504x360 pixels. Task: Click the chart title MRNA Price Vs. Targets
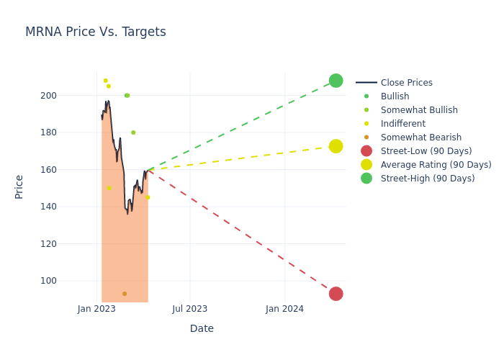(95, 32)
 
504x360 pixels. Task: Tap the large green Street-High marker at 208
(336, 81)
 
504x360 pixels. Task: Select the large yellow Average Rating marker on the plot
(336, 146)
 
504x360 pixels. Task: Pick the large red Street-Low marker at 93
(336, 294)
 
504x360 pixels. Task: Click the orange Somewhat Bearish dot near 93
(125, 294)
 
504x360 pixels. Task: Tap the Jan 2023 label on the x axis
(97, 310)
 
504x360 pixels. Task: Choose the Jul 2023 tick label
(190, 310)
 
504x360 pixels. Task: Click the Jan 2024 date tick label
(284, 310)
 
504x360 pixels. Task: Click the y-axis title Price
(19, 186)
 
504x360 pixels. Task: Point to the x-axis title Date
(202, 329)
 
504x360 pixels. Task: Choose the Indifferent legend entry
(402, 124)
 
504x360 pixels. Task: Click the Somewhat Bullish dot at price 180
(133, 132)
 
